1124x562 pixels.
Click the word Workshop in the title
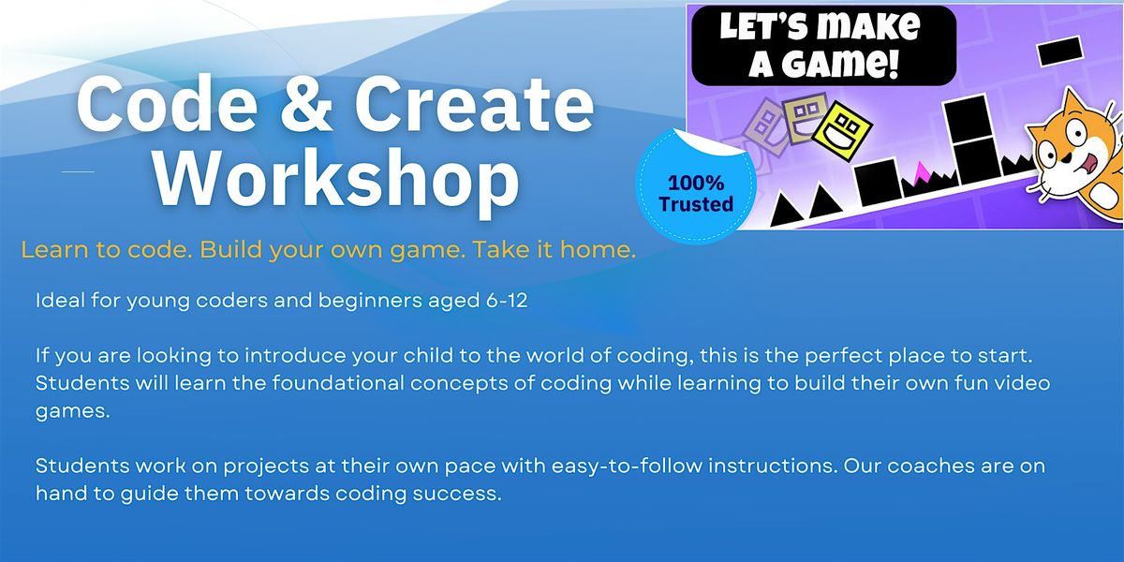335,182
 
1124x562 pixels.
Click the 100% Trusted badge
696,186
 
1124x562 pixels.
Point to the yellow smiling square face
841,130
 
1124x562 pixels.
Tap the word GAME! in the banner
823,64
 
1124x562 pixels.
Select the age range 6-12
507,301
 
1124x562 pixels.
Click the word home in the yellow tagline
599,249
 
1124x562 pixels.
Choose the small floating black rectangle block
1059,51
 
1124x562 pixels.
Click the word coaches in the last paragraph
931,466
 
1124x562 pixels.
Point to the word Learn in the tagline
54,249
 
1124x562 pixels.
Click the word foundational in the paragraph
338,383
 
